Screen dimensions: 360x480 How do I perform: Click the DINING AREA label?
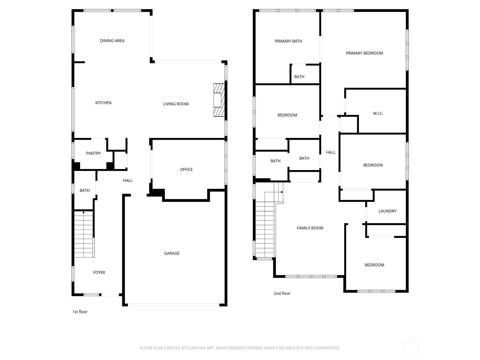[112, 41]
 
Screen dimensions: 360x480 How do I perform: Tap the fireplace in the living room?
[219, 100]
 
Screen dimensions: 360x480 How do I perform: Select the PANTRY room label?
[93, 153]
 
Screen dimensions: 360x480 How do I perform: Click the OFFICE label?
[186, 169]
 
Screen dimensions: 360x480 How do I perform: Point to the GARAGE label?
[172, 253]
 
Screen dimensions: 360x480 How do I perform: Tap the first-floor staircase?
[84, 234]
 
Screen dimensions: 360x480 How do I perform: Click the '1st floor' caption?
[80, 312]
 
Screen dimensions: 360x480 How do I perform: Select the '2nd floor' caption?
[282, 294]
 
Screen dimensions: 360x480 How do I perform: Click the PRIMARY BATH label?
[288, 41]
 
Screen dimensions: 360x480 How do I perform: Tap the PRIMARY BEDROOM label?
[364, 53]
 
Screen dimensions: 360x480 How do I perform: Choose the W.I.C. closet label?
[378, 114]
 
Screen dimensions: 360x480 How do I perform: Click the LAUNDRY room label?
[387, 211]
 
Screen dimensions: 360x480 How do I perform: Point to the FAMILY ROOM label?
[310, 228]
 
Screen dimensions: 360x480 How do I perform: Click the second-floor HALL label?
[331, 152]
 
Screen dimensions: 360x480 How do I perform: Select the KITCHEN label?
[103, 103]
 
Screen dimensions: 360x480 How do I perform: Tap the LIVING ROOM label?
[176, 104]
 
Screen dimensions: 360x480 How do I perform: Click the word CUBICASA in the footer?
[196, 348]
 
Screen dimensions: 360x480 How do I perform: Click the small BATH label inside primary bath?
[299, 77]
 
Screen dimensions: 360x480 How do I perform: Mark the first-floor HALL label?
[127, 181]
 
